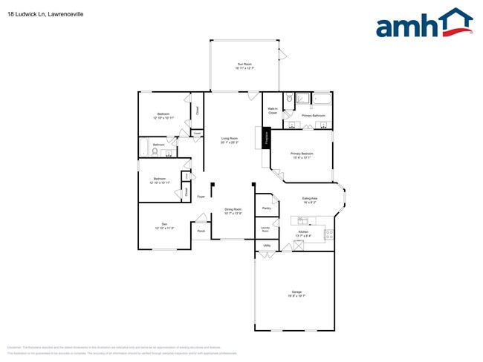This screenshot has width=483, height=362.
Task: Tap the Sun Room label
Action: click(244, 65)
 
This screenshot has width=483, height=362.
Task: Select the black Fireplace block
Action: click(265, 139)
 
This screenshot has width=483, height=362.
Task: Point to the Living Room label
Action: click(229, 140)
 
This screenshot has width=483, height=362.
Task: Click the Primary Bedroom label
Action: click(301, 156)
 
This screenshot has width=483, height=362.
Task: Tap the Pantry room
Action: click(265, 208)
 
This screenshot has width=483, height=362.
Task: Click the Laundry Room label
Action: click(265, 229)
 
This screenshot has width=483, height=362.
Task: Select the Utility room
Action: click(265, 246)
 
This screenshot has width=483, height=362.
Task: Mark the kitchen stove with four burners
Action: click(329, 234)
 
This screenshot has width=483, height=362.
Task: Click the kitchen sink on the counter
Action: click(302, 220)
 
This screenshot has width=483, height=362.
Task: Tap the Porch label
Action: click(201, 231)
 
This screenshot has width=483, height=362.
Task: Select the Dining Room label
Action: click(233, 211)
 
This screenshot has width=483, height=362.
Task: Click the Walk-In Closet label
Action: click(272, 111)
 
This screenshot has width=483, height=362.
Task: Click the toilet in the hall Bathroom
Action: click(155, 152)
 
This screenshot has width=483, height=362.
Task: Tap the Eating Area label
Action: click(310, 200)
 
